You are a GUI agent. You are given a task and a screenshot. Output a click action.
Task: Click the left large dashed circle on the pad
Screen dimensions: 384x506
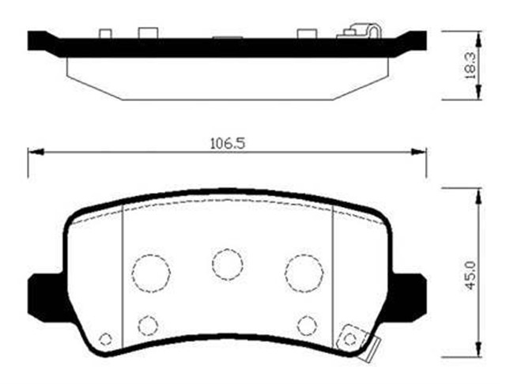point(151,273)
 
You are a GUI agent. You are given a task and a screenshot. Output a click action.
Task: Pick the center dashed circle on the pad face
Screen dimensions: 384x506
point(227,263)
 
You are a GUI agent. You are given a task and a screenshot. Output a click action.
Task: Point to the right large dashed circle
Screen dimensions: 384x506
point(304,273)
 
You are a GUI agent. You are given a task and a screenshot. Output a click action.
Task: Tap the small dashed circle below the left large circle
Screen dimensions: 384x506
point(148,324)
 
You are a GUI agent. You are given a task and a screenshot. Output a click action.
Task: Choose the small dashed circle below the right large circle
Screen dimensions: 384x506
point(307,324)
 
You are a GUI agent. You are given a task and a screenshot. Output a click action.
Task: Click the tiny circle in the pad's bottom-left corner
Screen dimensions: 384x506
point(105,340)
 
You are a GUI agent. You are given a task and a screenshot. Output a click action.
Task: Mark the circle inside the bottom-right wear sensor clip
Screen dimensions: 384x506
point(349,340)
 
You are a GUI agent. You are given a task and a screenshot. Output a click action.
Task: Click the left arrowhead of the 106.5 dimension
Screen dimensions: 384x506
point(32,152)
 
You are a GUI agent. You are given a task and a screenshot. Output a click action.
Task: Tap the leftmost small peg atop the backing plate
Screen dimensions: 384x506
point(104,34)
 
